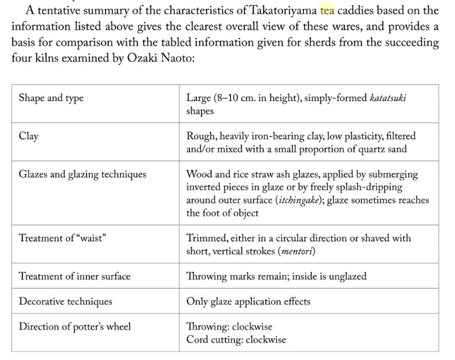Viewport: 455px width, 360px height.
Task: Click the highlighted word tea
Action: (x=328, y=11)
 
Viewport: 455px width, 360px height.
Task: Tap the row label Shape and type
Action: (x=51, y=98)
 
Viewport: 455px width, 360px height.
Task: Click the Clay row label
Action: (x=29, y=136)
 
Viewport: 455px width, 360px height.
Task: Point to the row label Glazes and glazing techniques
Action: (x=82, y=174)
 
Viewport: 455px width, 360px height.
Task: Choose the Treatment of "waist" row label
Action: (x=66, y=238)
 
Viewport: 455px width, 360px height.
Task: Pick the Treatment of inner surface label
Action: (x=74, y=276)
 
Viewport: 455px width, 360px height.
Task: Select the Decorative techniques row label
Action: (x=66, y=302)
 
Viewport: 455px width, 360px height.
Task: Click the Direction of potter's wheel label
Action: (x=75, y=327)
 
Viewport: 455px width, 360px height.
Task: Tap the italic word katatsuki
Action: (x=387, y=98)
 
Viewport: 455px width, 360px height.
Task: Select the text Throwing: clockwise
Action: (x=229, y=327)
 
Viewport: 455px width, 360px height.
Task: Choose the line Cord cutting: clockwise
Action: (x=236, y=340)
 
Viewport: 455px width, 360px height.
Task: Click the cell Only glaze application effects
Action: (x=248, y=302)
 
